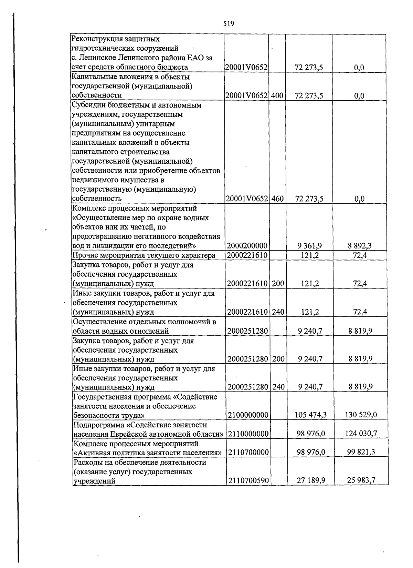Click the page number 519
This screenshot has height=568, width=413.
click(229, 24)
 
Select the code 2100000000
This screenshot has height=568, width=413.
click(248, 415)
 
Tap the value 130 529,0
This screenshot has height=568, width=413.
click(361, 415)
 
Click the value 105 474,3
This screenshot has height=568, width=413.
click(310, 415)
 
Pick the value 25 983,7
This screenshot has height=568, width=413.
click(361, 480)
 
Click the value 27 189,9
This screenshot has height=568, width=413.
click(311, 480)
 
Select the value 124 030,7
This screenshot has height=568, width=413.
click(361, 434)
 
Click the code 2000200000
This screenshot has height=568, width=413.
click(247, 246)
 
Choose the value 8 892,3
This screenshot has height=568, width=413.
click(360, 246)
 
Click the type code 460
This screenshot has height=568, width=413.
click(277, 199)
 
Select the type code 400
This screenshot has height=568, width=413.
click(277, 95)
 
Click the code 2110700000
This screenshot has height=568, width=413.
click(248, 452)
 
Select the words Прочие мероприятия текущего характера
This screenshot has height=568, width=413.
click(144, 255)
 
